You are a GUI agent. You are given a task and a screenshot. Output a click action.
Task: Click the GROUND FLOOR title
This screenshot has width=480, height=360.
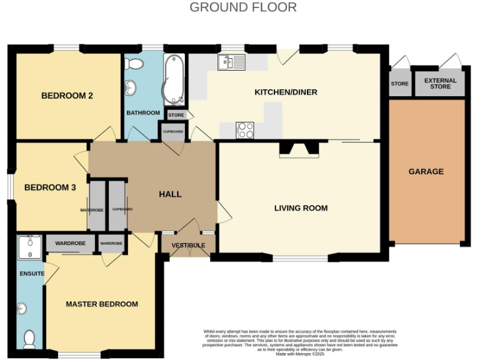(242, 7)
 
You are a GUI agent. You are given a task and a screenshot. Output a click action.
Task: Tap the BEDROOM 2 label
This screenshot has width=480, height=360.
(67, 96)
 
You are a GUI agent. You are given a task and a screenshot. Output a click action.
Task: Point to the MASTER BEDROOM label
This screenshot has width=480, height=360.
(102, 304)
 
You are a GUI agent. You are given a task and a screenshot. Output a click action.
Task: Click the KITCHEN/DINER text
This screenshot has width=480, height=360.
(286, 92)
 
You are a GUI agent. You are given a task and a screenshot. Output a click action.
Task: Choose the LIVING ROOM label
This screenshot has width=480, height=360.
(301, 208)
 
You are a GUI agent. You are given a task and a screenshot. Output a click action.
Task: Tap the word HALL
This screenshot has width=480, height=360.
(170, 194)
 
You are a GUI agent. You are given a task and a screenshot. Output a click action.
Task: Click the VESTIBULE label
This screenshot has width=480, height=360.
(188, 246)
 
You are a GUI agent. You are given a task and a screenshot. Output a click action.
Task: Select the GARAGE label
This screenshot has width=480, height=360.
(426, 171)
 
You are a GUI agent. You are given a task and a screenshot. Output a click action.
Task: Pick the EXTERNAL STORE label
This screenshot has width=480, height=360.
(441, 84)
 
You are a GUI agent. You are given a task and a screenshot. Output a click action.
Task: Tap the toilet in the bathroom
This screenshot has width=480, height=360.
(133, 63)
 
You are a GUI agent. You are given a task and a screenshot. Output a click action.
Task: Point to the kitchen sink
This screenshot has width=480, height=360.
(232, 62)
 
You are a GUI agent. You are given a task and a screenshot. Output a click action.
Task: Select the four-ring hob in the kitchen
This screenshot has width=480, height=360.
(245, 130)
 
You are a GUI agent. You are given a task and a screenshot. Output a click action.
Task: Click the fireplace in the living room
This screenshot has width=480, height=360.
(299, 149)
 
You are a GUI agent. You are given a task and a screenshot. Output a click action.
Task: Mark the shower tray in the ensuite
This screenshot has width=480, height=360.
(29, 247)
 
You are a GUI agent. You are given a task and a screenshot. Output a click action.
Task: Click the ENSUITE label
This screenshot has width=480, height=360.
(31, 274)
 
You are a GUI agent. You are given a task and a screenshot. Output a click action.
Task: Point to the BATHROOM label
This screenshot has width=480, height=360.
(143, 113)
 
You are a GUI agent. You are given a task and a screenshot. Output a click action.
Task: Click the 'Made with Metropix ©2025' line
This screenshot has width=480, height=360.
(301, 354)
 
